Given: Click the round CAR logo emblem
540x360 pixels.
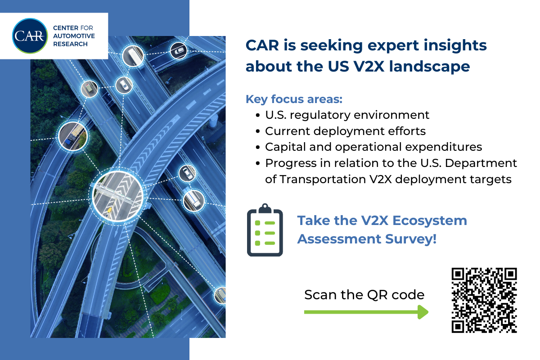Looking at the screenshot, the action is pyautogui.click(x=30, y=36).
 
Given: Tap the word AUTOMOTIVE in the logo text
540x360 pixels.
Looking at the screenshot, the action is pyautogui.click(x=74, y=36).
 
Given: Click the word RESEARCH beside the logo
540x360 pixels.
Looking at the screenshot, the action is pyautogui.click(x=70, y=44).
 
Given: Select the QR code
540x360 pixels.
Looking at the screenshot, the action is pyautogui.click(x=484, y=300).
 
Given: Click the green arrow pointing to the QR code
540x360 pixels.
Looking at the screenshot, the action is pyautogui.click(x=366, y=312).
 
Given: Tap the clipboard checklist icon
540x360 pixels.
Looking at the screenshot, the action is pyautogui.click(x=265, y=230).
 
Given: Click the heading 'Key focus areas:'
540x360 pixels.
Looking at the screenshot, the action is pyautogui.click(x=294, y=99).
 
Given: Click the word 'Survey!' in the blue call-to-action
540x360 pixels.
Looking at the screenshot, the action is pyautogui.click(x=411, y=239).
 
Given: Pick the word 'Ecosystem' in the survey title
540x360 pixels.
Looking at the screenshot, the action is pyautogui.click(x=430, y=220).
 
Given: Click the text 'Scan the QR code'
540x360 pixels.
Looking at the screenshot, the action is pyautogui.click(x=364, y=295).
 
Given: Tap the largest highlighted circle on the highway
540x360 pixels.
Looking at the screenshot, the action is pyautogui.click(x=118, y=196).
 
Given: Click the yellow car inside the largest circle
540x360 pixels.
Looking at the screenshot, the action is pyautogui.click(x=109, y=211).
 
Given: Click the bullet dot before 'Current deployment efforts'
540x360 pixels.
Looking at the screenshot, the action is pyautogui.click(x=258, y=131).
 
